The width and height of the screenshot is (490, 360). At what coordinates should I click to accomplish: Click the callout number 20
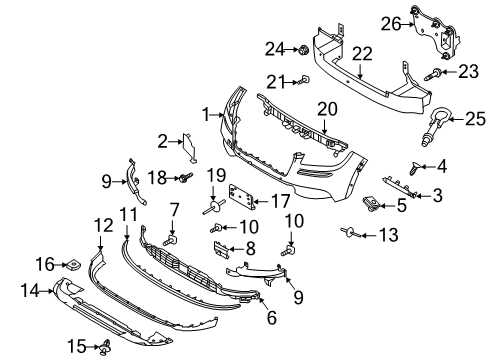pyautogui.click(x=329, y=108)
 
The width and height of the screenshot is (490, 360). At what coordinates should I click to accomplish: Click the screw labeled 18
pyautogui.click(x=186, y=179)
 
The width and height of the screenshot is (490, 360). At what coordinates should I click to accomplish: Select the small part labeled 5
pyautogui.click(x=375, y=206)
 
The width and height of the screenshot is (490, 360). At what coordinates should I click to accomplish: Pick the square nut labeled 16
pyautogui.click(x=74, y=265)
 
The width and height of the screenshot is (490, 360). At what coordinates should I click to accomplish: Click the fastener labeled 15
pyautogui.click(x=104, y=347)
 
